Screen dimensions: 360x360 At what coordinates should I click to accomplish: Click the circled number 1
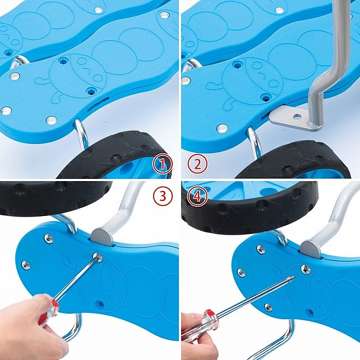163,164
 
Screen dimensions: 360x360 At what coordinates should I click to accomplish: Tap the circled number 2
197,164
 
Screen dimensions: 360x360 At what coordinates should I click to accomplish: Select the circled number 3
163,196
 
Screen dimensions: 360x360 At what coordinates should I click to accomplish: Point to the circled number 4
197,196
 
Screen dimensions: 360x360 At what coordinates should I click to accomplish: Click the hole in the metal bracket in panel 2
298,117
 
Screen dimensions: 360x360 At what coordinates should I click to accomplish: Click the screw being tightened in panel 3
97,257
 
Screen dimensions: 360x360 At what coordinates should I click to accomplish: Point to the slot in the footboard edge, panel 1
98,104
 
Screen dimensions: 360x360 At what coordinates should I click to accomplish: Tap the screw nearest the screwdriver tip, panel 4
305,269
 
